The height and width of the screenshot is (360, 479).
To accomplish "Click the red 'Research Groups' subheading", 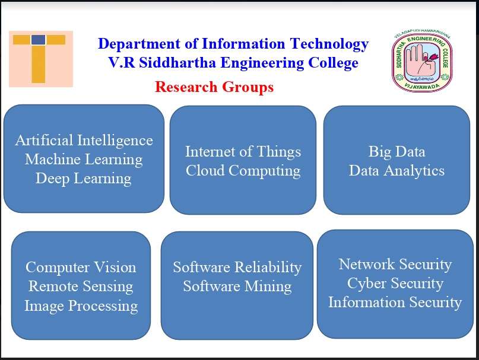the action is (x=214, y=87).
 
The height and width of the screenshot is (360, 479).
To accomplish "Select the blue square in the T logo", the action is (x=39, y=40).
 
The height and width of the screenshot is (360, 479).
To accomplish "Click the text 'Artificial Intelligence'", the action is (x=84, y=141).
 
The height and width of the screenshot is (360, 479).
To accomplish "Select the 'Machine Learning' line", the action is (x=84, y=160).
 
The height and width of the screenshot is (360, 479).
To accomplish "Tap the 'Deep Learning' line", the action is (x=84, y=179).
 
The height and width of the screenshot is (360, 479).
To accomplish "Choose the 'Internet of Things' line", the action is (x=243, y=152).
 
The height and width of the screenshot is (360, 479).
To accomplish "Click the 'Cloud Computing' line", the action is (x=243, y=171).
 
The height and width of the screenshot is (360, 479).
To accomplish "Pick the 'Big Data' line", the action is (x=396, y=152).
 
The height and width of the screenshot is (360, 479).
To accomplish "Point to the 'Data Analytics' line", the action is (x=396, y=171).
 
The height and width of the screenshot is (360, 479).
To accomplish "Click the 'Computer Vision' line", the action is (x=81, y=267).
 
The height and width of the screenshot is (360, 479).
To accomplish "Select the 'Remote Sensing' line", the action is (x=81, y=286).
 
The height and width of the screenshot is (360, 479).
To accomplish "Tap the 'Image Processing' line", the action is (x=81, y=305).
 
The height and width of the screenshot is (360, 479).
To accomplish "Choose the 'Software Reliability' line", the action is (x=237, y=267).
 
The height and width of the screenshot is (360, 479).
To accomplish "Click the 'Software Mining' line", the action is (x=237, y=286).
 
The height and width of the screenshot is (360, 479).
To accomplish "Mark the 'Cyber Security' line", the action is (x=395, y=283).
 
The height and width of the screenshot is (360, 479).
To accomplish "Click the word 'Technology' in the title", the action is (x=329, y=44).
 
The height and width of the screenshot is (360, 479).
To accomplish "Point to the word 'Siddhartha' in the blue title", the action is (x=177, y=63).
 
